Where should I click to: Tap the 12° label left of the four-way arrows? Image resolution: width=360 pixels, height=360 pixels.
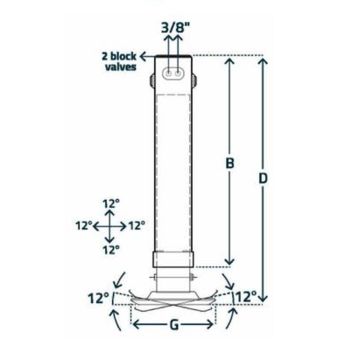pyautogui.click(x=85, y=225)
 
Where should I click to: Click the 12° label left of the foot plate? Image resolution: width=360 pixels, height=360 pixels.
pyautogui.click(x=97, y=298)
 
